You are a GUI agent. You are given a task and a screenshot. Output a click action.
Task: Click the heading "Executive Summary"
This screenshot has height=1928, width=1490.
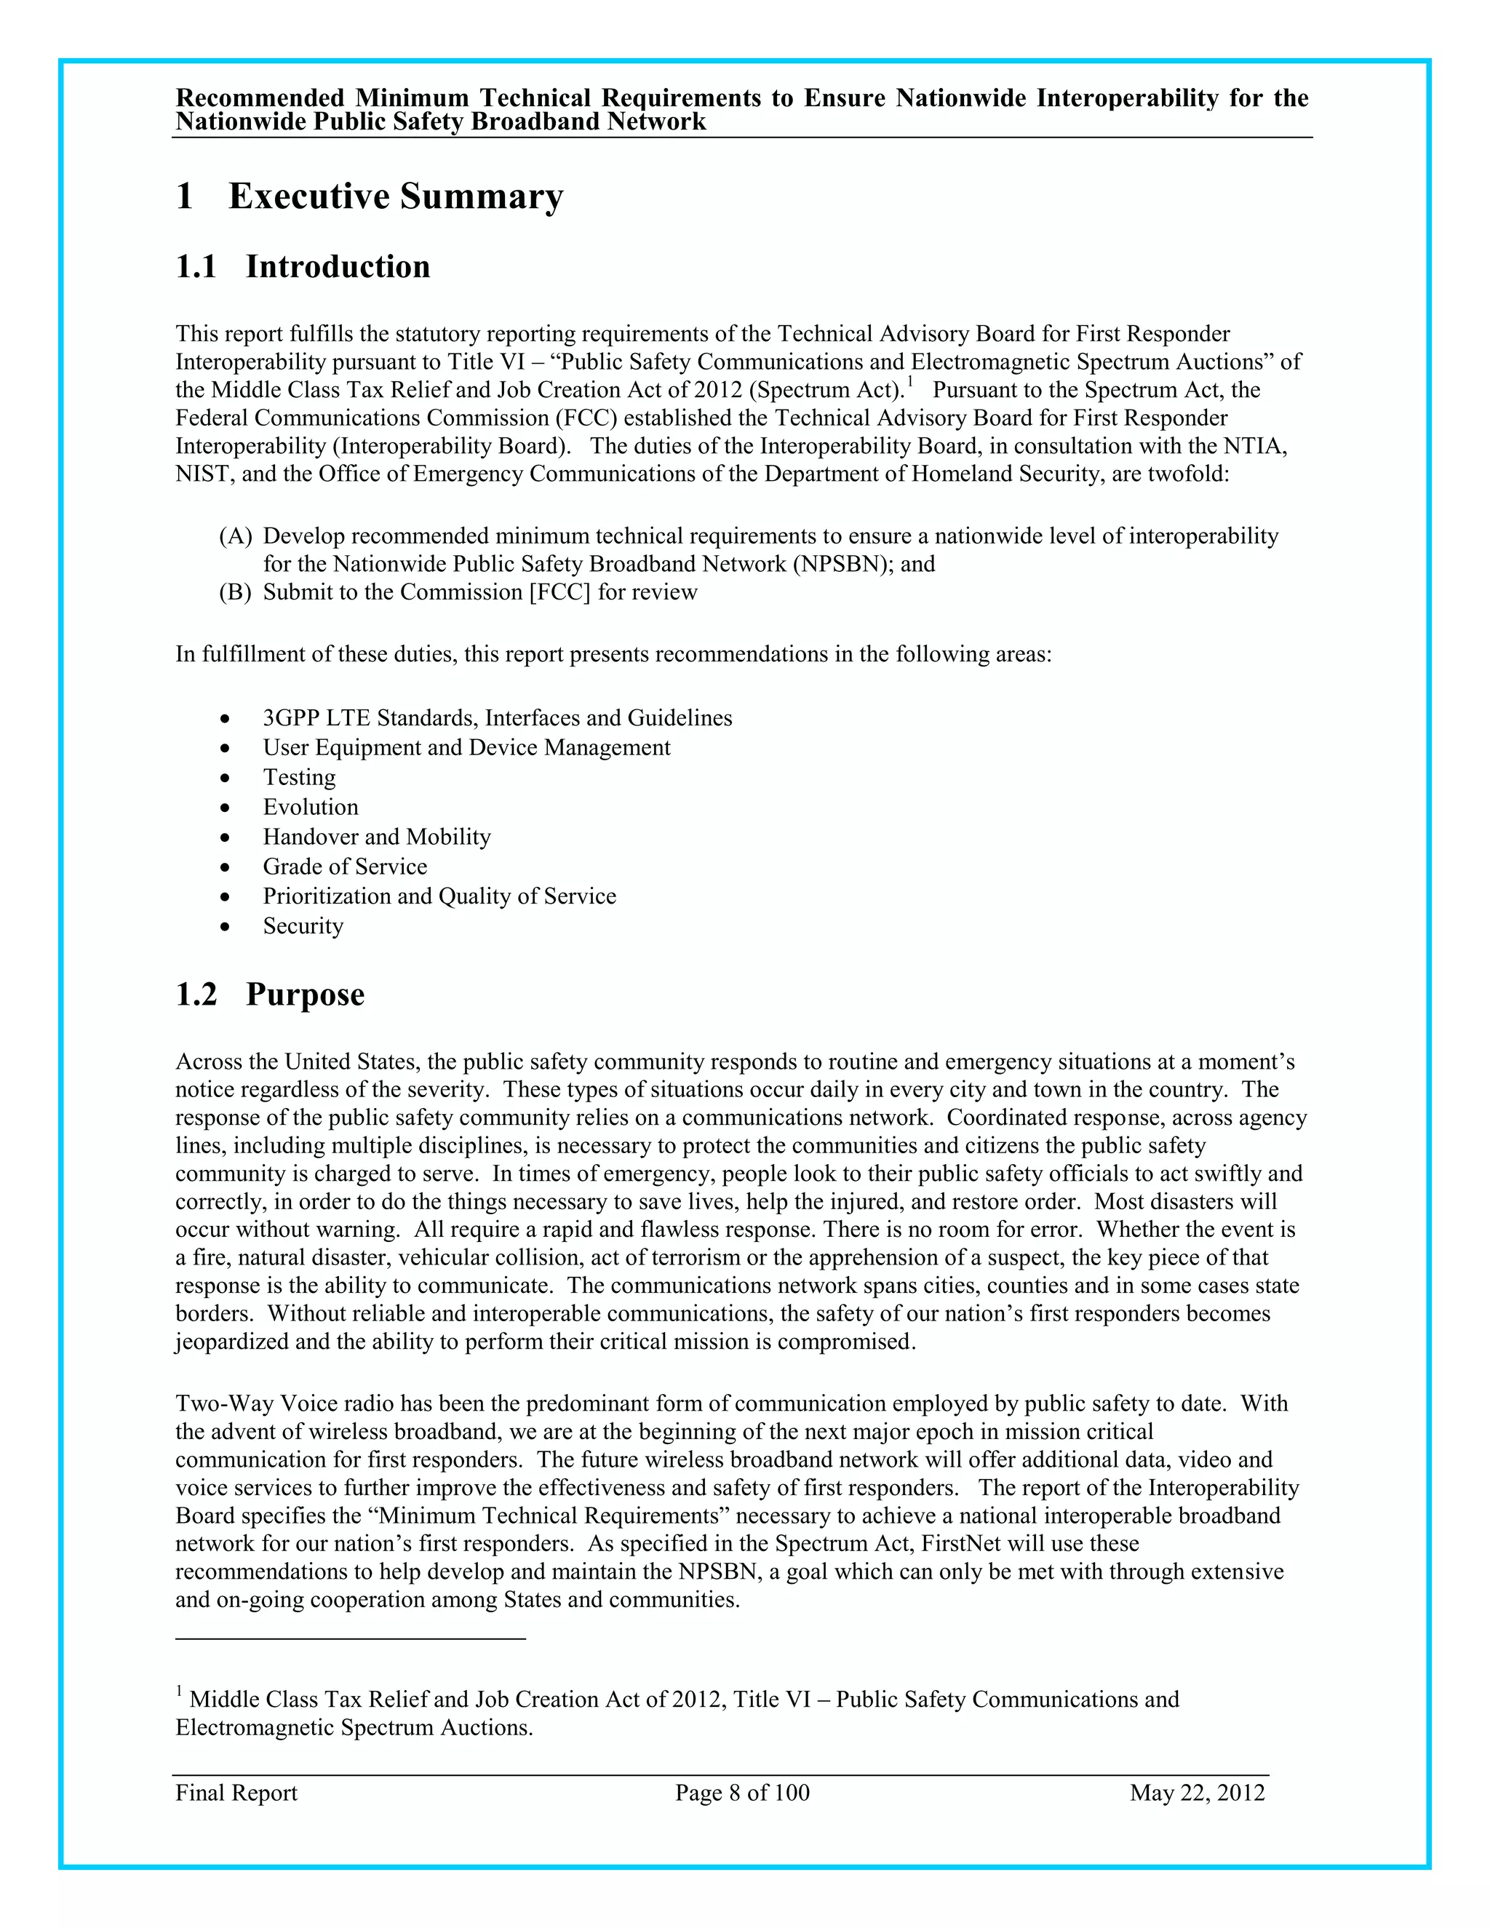(396, 196)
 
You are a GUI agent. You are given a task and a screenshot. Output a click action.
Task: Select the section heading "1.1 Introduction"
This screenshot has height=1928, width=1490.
(303, 266)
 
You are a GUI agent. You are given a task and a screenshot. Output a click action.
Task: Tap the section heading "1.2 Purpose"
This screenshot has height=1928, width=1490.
(270, 994)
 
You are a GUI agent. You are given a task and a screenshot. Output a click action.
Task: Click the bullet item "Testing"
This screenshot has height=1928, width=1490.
(299, 777)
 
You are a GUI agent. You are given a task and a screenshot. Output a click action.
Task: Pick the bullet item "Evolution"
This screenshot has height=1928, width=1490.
(311, 807)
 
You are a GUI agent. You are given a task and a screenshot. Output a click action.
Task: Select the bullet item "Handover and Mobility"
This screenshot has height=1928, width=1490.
(377, 837)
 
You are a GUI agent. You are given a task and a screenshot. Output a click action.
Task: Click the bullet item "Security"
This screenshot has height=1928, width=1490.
(303, 926)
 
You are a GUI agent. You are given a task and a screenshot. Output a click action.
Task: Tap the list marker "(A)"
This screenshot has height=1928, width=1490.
(236, 536)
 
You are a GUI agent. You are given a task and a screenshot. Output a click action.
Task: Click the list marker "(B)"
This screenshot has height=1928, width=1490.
(236, 592)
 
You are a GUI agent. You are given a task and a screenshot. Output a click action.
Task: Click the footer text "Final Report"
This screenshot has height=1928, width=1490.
(236, 1793)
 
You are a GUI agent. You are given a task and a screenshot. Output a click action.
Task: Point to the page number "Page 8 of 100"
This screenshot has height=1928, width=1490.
(742, 1793)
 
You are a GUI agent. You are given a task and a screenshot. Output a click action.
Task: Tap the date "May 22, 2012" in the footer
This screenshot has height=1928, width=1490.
(1197, 1793)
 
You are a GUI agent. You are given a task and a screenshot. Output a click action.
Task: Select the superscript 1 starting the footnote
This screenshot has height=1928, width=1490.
(179, 1692)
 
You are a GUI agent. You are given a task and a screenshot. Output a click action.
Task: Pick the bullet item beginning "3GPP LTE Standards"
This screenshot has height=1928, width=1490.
(497, 717)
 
